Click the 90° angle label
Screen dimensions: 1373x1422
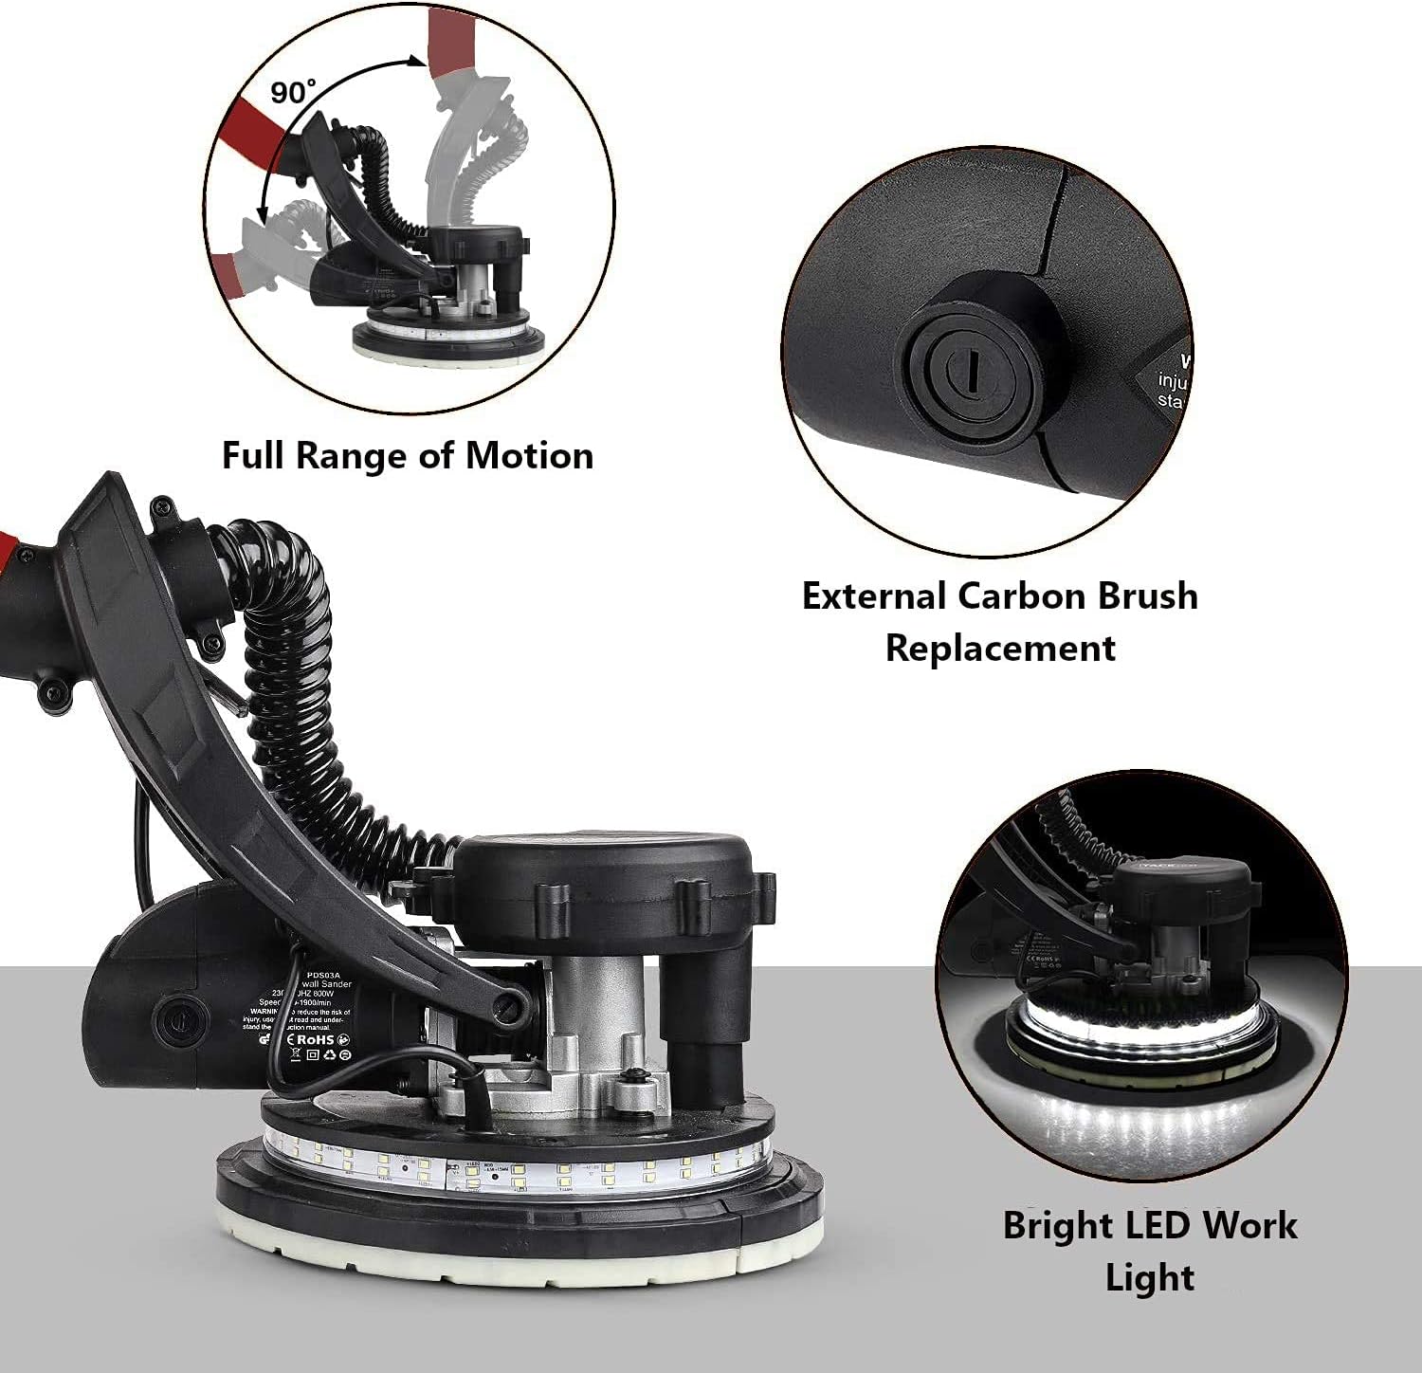click(292, 92)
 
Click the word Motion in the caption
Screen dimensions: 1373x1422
click(529, 456)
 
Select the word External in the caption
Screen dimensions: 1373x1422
click(874, 596)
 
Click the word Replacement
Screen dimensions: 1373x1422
click(1000, 649)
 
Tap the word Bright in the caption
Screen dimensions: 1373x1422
click(1057, 1225)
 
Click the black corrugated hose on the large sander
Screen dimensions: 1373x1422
click(303, 702)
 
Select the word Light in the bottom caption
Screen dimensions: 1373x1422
click(1149, 1277)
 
